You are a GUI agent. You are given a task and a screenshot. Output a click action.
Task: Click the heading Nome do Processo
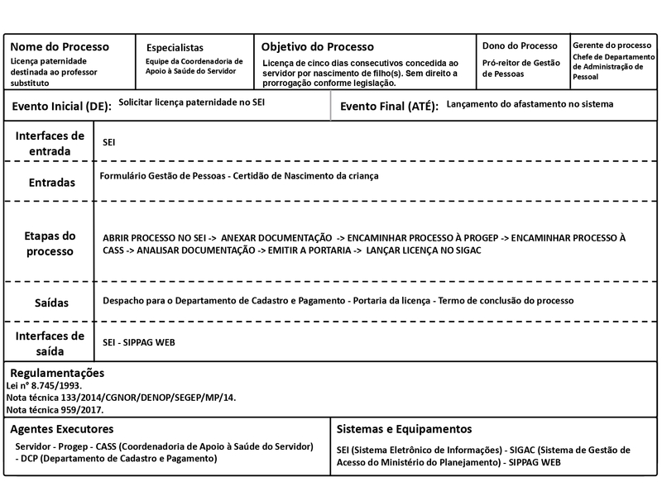pyautogui.click(x=59, y=47)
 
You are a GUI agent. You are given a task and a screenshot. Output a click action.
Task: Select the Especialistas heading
pyautogui.click(x=175, y=48)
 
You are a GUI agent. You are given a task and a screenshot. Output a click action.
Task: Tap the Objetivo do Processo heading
pyautogui.click(x=318, y=47)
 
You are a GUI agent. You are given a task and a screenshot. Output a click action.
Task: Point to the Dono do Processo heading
pyautogui.click(x=520, y=45)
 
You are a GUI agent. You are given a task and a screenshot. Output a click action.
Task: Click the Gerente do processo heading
pyautogui.click(x=612, y=45)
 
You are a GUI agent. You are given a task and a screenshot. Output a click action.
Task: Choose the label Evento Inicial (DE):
pyautogui.click(x=61, y=107)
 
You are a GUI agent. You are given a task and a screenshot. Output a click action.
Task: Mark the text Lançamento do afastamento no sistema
pyautogui.click(x=530, y=105)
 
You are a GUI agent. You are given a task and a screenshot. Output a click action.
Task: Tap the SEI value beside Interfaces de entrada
pyautogui.click(x=108, y=143)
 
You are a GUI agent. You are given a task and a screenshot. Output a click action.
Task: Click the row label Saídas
pyautogui.click(x=50, y=303)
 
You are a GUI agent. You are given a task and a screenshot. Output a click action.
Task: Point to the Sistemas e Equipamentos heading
pyautogui.click(x=405, y=430)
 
